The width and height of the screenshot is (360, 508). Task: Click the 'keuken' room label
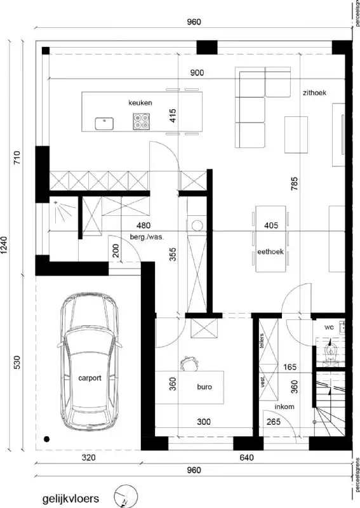[140, 102]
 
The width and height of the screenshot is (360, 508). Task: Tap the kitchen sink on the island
[104, 123]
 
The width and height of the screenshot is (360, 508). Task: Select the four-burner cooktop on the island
[141, 121]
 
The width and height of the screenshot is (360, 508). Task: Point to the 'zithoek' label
[314, 93]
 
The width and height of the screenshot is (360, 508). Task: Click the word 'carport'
[90, 377]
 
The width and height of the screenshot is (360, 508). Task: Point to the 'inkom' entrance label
[283, 407]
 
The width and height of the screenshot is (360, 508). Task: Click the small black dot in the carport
[46, 438]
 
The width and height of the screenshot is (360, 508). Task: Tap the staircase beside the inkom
[331, 406]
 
